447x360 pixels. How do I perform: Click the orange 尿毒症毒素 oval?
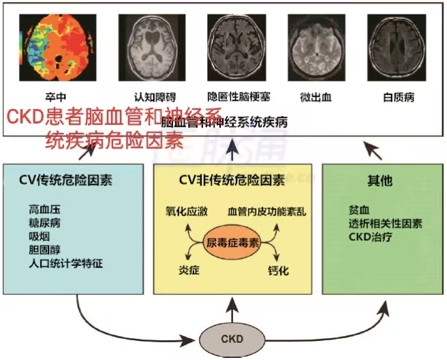pos(234,242)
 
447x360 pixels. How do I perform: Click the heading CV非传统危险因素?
pos(232,181)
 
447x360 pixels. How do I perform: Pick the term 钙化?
pos(278,271)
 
